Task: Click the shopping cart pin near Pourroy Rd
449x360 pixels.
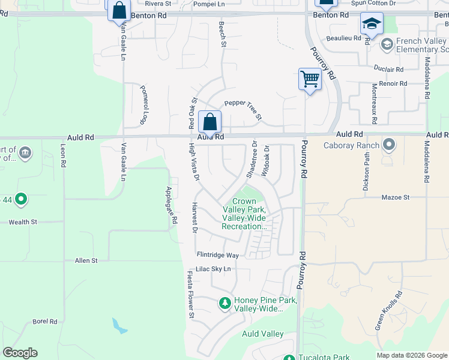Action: [310, 79]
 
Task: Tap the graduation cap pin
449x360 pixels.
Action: [372, 25]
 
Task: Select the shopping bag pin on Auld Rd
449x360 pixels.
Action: [210, 122]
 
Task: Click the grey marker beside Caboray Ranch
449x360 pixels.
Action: [389, 145]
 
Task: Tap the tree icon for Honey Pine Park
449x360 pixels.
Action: [224, 304]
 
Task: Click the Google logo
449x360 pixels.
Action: [20, 353]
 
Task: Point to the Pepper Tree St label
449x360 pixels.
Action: [243, 109]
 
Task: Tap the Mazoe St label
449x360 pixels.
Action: [395, 197]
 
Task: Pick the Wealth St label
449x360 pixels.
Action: [23, 222]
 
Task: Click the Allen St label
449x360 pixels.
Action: [86, 260]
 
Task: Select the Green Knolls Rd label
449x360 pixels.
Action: [388, 311]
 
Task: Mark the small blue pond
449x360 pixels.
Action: [119, 326]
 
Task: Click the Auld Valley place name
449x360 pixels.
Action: [263, 334]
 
